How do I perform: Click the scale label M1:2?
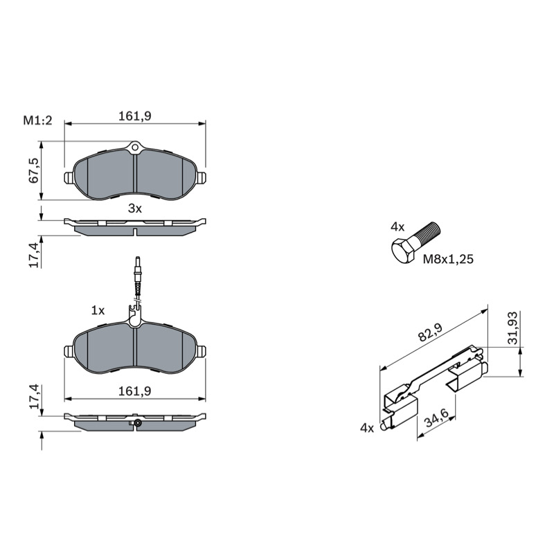(37, 120)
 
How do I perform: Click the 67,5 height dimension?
(34, 170)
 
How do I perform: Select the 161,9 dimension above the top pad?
(134, 116)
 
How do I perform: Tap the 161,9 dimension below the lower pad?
(134, 391)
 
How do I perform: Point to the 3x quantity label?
(134, 208)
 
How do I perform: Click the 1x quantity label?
(98, 310)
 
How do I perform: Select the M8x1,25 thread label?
(448, 259)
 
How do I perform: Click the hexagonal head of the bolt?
(403, 251)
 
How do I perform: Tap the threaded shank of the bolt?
(426, 233)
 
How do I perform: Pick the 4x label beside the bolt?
(397, 227)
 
